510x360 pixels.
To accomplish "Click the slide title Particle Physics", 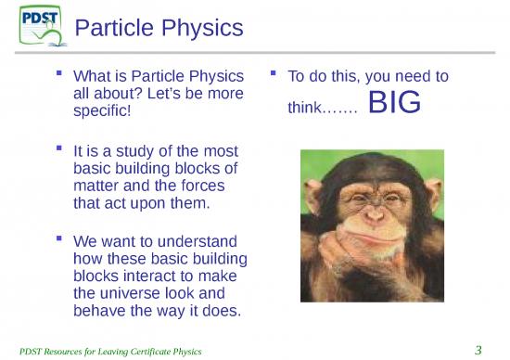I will point(159,29).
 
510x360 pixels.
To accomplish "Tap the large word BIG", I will point(394,104).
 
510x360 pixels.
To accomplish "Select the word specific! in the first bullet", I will point(101,110).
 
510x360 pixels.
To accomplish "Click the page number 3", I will point(478,349).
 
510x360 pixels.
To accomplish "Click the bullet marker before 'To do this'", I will point(273,71).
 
